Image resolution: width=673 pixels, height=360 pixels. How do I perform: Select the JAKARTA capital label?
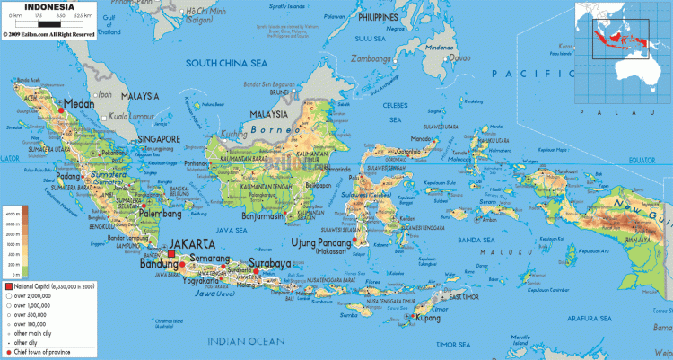[193, 243]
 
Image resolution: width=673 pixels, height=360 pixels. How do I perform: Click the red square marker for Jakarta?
[171, 254]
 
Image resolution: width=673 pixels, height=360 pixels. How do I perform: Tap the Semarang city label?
[211, 259]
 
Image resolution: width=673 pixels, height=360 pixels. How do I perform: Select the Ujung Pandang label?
[319, 242]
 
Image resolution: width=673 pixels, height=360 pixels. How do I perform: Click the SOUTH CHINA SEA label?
[226, 63]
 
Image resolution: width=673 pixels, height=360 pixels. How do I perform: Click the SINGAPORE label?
[159, 139]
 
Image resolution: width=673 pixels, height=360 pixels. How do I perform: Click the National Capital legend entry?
[51, 285]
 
